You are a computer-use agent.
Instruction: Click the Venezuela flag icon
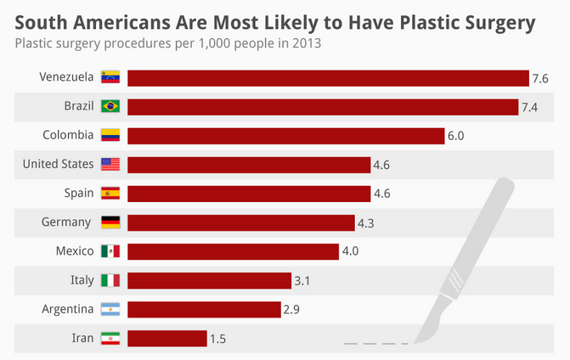[x=110, y=77]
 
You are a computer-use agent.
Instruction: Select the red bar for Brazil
[x=323, y=107]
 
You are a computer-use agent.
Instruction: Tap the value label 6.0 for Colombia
[x=456, y=136]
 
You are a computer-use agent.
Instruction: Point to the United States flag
[x=110, y=164]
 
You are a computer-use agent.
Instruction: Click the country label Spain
[x=79, y=193]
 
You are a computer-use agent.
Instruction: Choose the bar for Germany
[x=241, y=222]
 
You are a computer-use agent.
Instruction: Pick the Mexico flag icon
[x=110, y=251]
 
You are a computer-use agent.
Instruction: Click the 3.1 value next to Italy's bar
[x=302, y=281]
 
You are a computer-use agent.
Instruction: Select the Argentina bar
[x=204, y=310]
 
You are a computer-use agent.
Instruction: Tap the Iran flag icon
[x=110, y=338]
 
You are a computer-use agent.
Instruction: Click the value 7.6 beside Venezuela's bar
[x=540, y=78]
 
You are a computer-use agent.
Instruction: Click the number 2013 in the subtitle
[x=307, y=43]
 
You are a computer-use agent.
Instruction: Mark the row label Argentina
[x=68, y=309]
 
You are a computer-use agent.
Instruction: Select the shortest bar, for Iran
[x=167, y=339]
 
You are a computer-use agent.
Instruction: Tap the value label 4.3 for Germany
[x=366, y=223]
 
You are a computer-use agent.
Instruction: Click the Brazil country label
[x=79, y=106]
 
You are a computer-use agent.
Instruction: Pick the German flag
[x=110, y=222]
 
